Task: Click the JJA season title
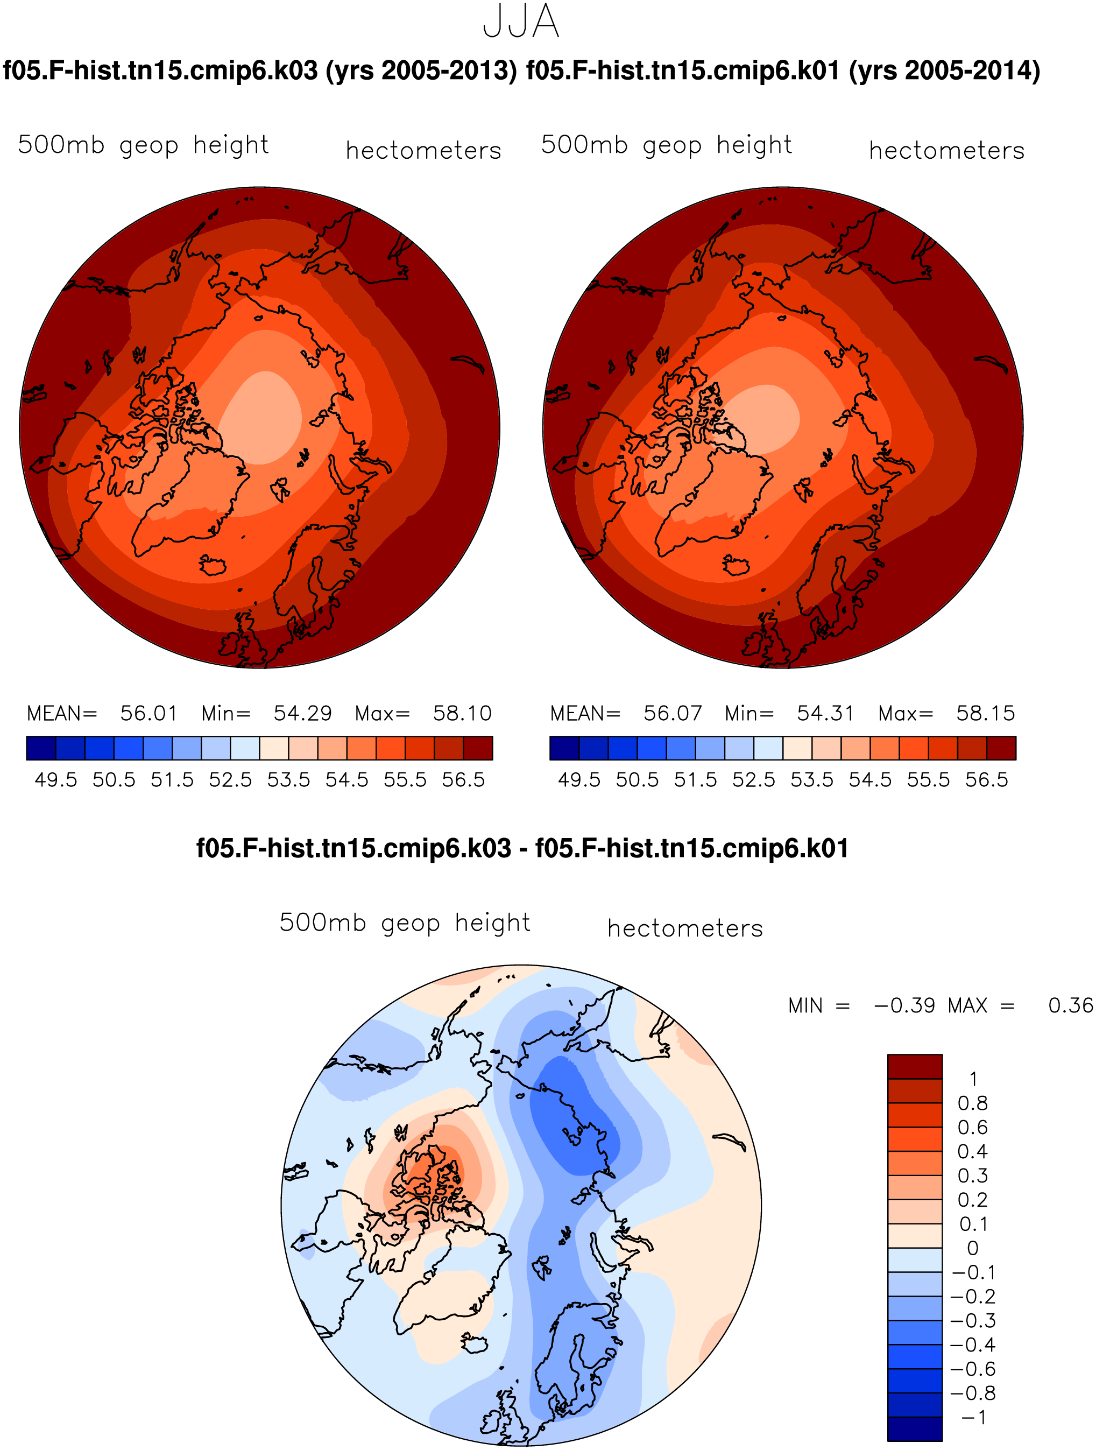coord(521,21)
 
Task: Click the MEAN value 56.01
coord(149,713)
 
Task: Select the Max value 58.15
coord(985,713)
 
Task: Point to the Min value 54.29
coord(303,713)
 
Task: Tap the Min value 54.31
coord(825,713)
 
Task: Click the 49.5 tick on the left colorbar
coord(55,780)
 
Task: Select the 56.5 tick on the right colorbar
coord(987,780)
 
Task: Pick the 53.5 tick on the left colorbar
coord(288,780)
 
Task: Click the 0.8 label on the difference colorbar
coord(972,1103)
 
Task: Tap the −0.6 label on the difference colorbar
coord(973,1369)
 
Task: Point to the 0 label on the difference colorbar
coord(973,1248)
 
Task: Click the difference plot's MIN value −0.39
coord(904,1005)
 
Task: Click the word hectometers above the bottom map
coord(685,928)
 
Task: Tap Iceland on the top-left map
coord(212,565)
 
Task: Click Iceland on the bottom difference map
coord(475,1342)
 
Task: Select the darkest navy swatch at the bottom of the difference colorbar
coord(915,1428)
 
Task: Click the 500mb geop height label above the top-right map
coord(666,145)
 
